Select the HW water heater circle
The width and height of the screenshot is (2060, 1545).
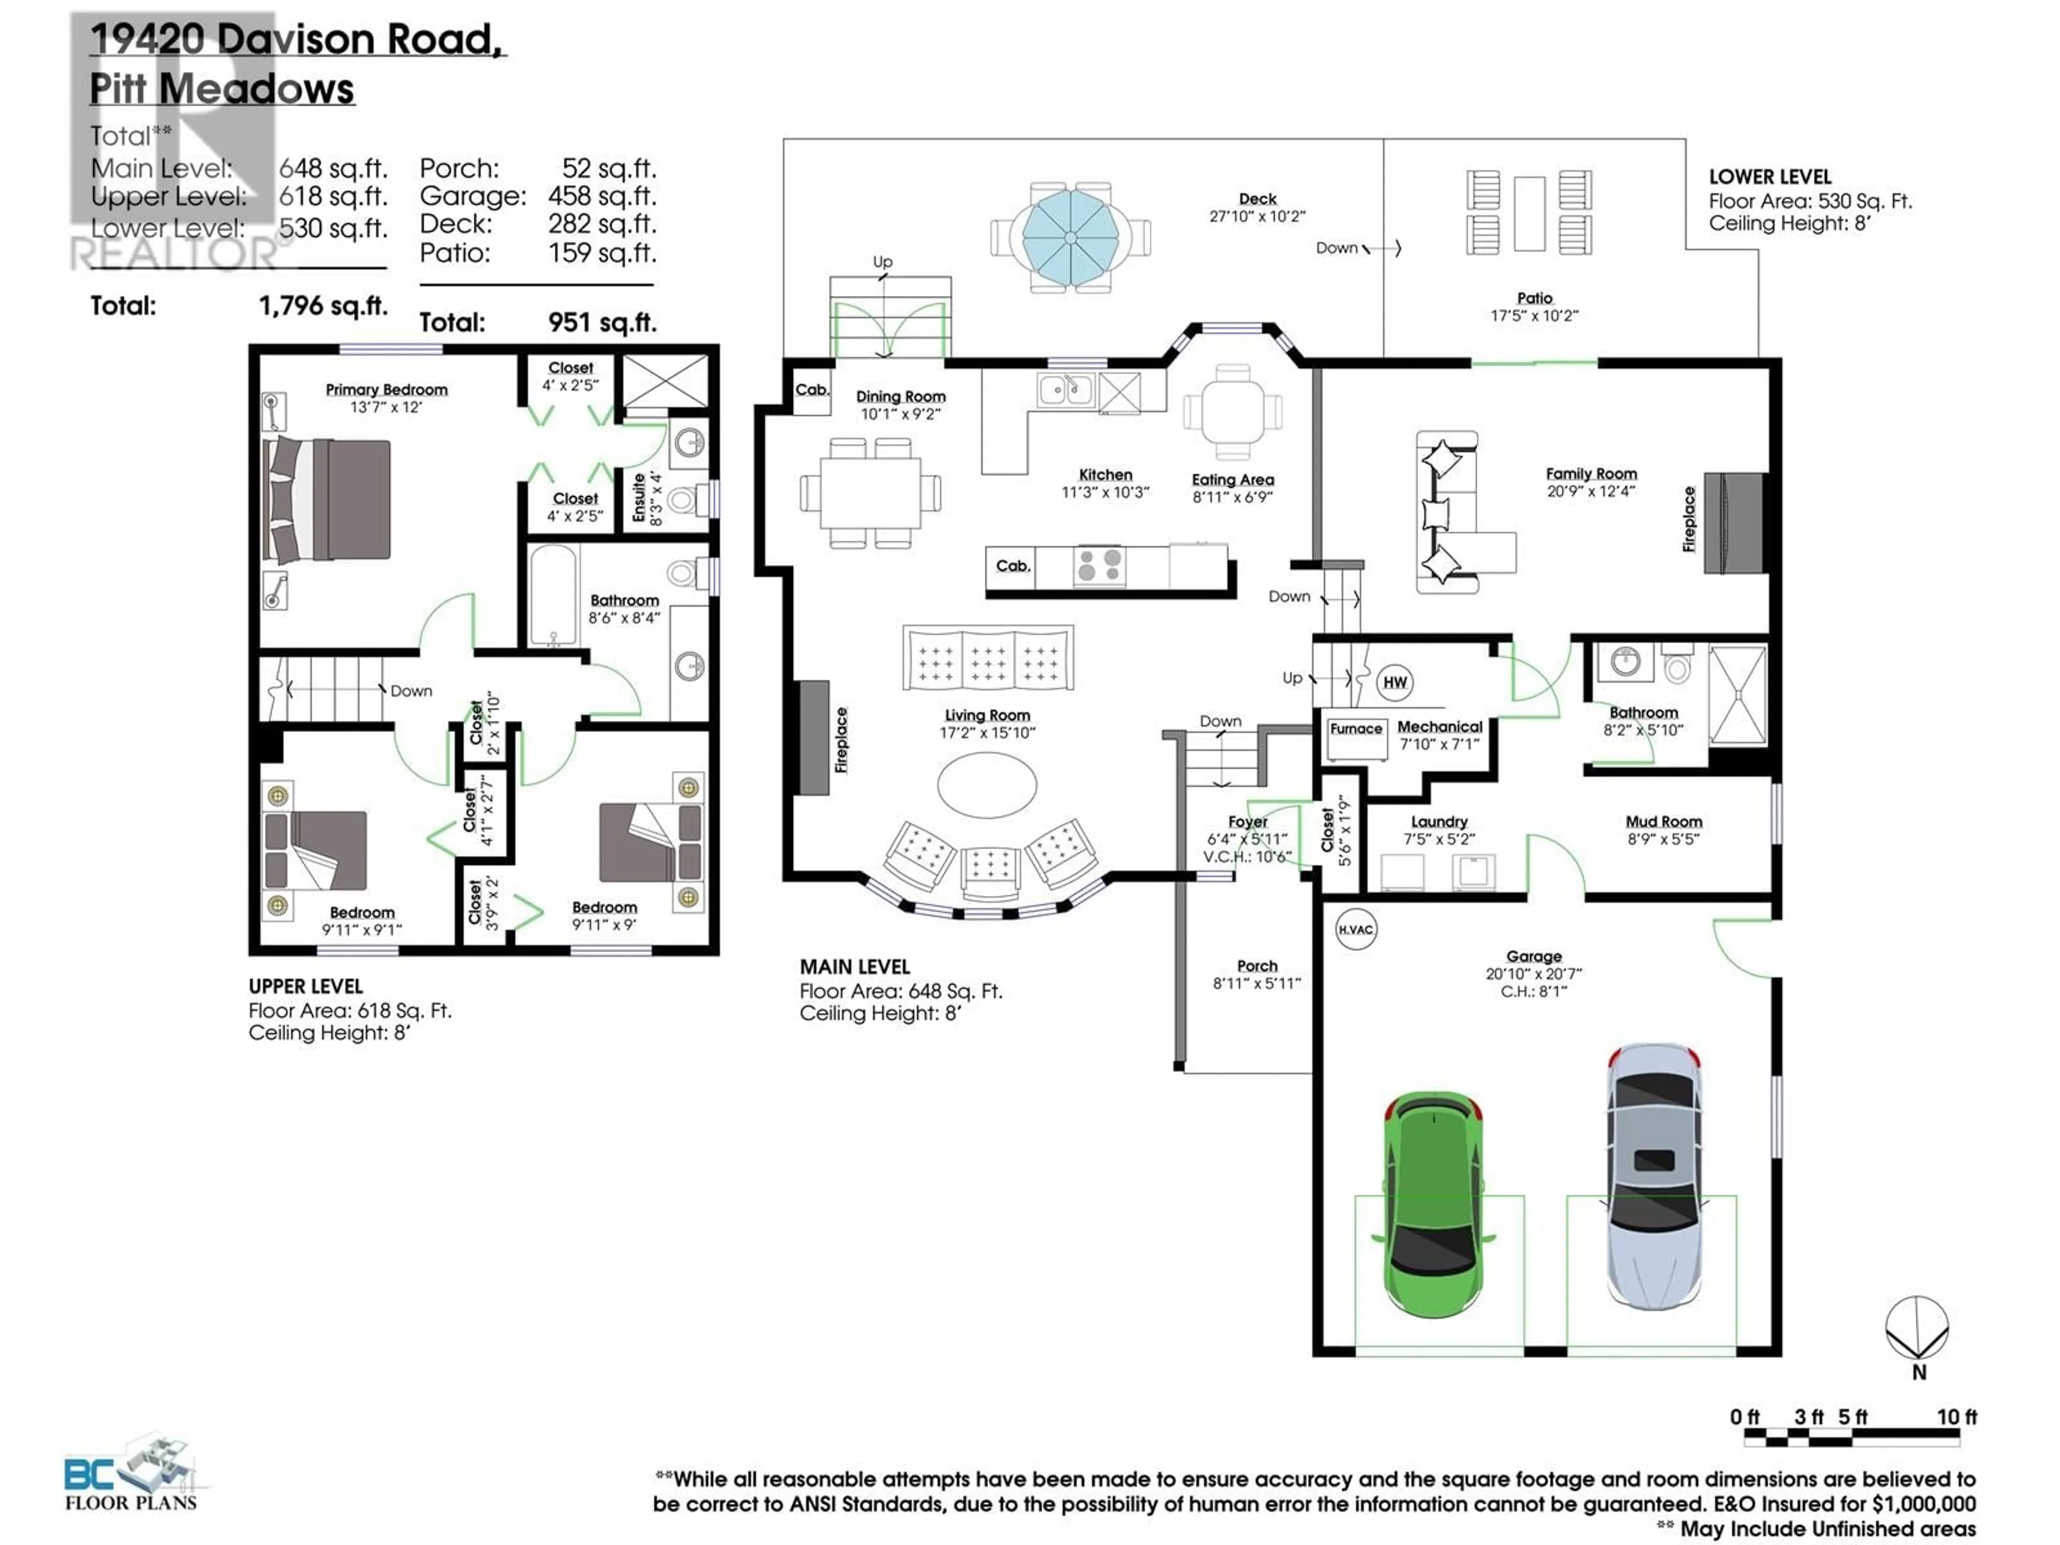click(1394, 682)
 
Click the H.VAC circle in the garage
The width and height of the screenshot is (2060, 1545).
click(1355, 930)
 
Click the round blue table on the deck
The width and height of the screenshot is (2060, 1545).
click(1071, 238)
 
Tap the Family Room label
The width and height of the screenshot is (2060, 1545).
click(1591, 473)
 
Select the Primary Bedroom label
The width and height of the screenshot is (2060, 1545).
click(386, 389)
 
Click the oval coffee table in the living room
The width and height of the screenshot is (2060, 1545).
click(986, 784)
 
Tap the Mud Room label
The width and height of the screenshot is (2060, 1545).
click(1663, 821)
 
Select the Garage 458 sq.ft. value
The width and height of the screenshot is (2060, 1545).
click(601, 196)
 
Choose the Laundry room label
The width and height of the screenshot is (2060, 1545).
click(1439, 821)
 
